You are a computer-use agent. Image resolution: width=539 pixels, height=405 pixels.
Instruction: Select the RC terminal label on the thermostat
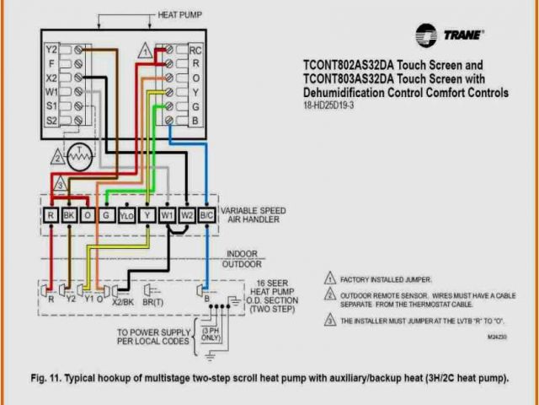[x=195, y=50]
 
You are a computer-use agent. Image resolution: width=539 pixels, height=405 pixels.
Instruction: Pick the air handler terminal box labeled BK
[x=69, y=216]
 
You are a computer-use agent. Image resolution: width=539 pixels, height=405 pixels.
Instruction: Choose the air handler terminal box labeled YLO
[x=126, y=216]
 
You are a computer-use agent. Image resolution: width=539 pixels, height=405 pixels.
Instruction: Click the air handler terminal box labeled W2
[x=187, y=216]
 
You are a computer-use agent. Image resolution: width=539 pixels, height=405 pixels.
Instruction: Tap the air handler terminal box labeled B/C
[x=207, y=216]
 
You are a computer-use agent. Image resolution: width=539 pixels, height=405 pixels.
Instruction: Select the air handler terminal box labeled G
[x=107, y=216]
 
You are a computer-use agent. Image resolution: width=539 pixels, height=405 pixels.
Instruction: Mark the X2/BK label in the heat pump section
[x=123, y=301]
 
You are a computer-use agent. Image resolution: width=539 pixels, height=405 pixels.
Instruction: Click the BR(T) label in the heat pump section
[x=153, y=301]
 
